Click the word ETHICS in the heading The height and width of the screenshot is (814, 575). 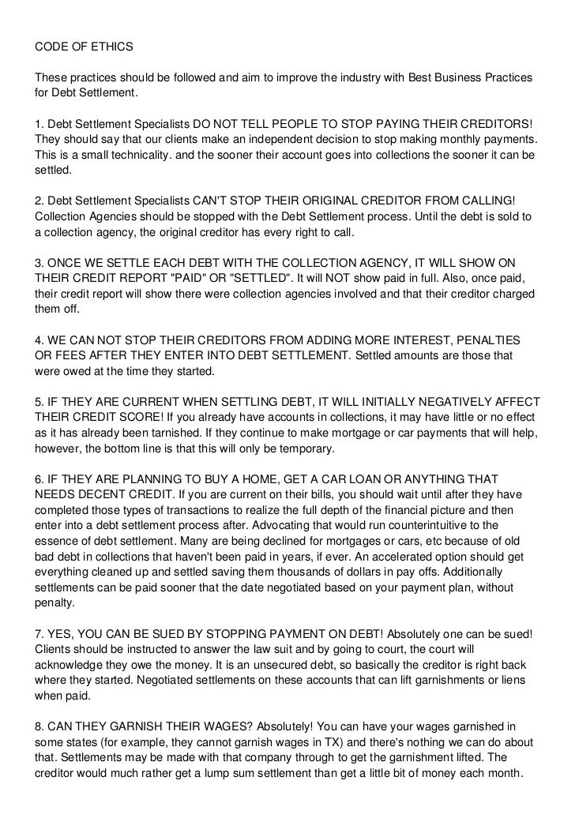[x=112, y=47]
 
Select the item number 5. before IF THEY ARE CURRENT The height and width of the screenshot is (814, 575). [x=40, y=400]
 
